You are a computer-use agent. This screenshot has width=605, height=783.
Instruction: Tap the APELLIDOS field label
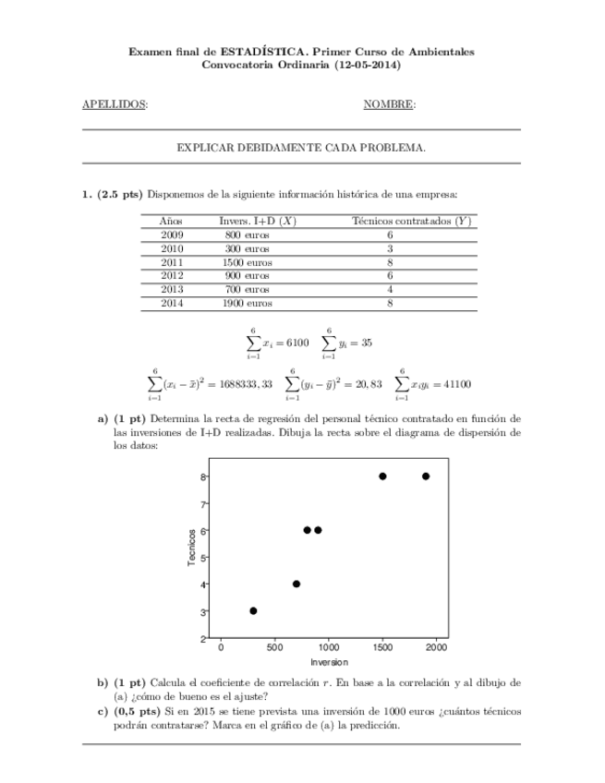115,104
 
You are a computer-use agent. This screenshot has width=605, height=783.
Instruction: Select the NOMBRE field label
388,104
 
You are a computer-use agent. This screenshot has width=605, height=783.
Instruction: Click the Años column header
172,221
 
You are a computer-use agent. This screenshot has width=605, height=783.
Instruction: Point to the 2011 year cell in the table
172,262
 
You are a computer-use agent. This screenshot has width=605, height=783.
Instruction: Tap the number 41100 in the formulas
453,384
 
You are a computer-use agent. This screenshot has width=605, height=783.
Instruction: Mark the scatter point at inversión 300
253,610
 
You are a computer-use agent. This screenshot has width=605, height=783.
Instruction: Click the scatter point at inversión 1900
426,476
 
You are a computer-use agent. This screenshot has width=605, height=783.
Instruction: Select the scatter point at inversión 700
296,584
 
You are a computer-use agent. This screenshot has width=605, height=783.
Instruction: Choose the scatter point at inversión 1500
382,476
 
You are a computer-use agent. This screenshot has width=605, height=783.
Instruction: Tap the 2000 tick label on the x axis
436,648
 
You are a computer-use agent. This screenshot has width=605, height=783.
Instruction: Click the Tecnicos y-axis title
191,548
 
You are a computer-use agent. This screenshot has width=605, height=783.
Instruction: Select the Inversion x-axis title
329,662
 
